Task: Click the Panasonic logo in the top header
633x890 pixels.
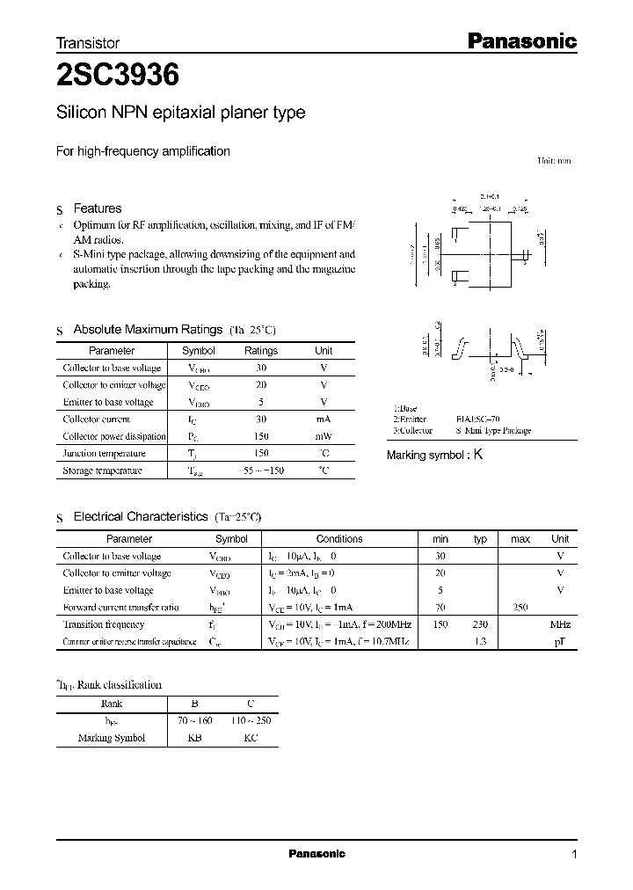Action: (520, 40)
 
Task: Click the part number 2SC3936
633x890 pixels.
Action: (118, 77)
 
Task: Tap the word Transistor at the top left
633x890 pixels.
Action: (88, 42)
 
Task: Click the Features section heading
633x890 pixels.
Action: (97, 208)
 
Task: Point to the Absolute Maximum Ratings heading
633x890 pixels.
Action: (148, 329)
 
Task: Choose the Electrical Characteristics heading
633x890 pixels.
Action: (141, 517)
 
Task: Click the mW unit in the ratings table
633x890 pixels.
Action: (324, 436)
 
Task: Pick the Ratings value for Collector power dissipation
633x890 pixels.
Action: (261, 436)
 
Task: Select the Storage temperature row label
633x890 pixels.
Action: (102, 471)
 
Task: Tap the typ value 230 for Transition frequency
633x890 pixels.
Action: (480, 624)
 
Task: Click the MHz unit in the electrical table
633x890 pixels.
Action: (559, 624)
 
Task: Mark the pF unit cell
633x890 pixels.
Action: (559, 642)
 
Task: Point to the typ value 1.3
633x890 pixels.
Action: (480, 642)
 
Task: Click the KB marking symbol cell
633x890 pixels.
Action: (194, 738)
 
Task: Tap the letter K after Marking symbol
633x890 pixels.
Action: (478, 455)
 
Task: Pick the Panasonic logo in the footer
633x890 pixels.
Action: (317, 854)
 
